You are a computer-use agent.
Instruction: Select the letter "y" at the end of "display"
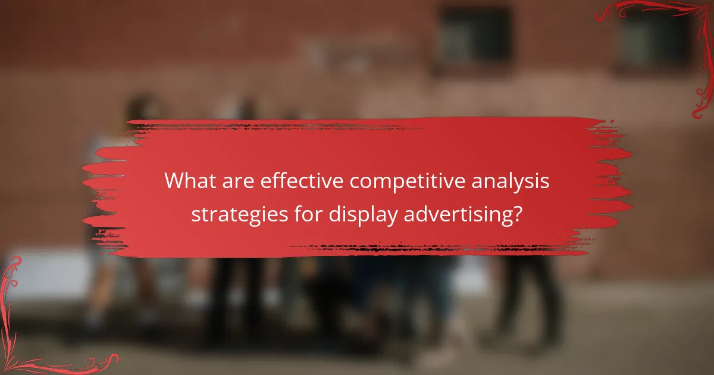[x=392, y=217]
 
